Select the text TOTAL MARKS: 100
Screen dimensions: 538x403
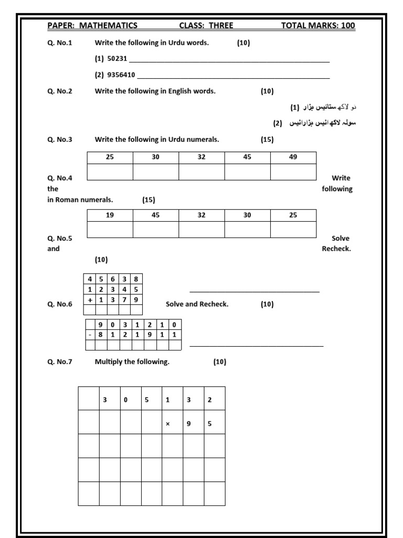point(318,25)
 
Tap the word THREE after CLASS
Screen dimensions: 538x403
point(220,25)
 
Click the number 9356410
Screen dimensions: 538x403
point(121,75)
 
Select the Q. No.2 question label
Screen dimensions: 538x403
point(60,91)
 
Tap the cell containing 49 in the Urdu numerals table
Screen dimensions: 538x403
point(293,157)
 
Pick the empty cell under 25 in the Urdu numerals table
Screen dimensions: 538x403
point(110,172)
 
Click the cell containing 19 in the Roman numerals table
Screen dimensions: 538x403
point(110,215)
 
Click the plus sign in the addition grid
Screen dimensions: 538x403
point(90,299)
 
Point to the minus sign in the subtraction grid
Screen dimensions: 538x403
point(90,334)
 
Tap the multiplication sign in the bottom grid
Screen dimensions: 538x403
point(167,424)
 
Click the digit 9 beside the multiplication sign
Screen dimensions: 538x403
point(188,424)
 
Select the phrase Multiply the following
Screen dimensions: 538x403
point(132,361)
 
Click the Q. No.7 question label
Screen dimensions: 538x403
point(60,361)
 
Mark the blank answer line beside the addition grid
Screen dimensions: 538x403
point(254,291)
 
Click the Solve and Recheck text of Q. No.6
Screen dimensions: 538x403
point(197,304)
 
